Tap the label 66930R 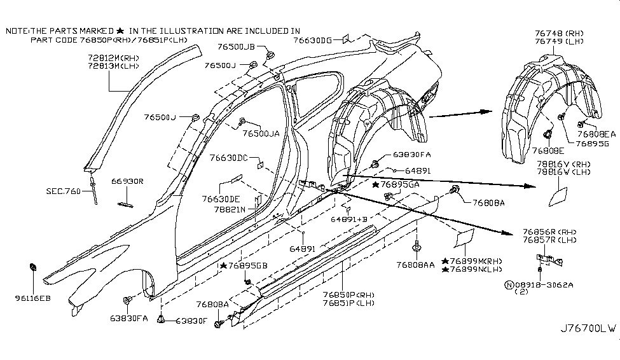(129, 181)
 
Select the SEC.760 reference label (63, 190)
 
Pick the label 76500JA (261, 134)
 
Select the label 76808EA (596, 134)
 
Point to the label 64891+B (349, 218)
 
